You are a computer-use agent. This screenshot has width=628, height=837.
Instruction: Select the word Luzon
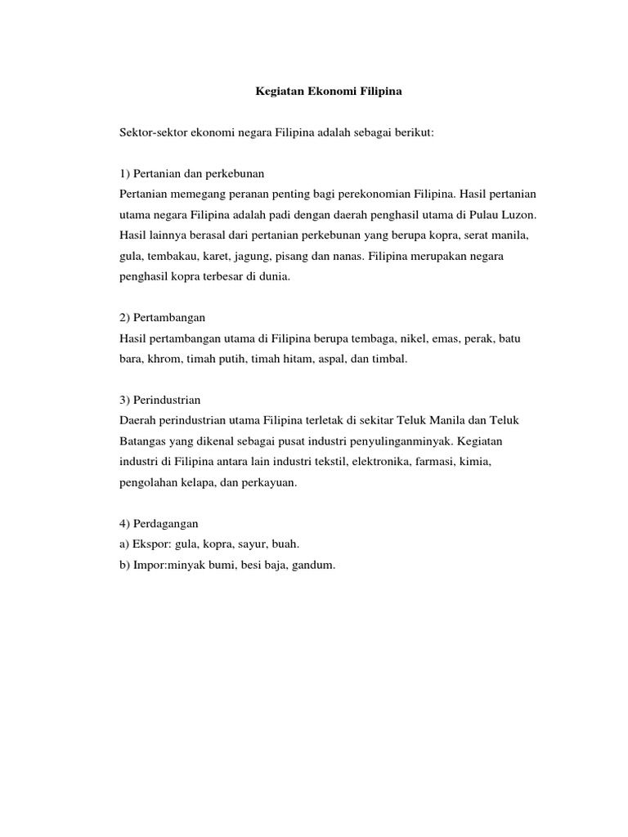[517, 214]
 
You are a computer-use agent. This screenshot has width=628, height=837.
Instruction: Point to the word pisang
[298, 257]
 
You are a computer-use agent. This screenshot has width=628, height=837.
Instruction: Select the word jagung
[255, 257]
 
